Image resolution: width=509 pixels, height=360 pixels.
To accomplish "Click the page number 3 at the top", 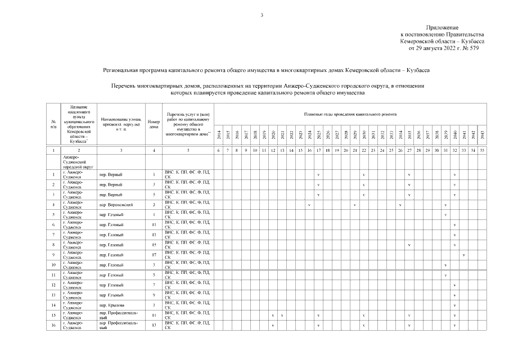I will (x=262, y=15).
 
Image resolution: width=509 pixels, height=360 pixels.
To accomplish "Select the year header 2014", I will (x=219, y=136).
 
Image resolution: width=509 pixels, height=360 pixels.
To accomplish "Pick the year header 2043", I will (x=482, y=136).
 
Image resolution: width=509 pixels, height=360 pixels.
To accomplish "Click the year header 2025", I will (x=318, y=136).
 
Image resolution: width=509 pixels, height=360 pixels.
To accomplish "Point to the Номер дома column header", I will (x=154, y=124).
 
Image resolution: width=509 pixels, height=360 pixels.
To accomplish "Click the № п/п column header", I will (x=53, y=124).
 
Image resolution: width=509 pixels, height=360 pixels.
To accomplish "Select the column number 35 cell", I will (x=482, y=151).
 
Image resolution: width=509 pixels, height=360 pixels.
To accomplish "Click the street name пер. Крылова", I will (x=111, y=305).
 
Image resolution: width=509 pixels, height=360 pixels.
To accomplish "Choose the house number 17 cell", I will (x=154, y=255).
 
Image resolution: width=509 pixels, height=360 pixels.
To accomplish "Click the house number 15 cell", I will (x=154, y=245).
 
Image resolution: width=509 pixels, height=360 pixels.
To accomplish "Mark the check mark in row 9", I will (x=463, y=255).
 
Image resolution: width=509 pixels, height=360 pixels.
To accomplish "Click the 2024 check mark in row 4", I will (x=309, y=205).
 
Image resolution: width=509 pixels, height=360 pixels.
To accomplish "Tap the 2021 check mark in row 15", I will (x=281, y=316).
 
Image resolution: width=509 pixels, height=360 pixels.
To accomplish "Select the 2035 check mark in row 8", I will (x=409, y=245).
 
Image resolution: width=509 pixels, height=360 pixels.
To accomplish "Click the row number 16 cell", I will (x=53, y=326).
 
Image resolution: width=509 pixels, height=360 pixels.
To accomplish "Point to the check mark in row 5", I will (x=445, y=215).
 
